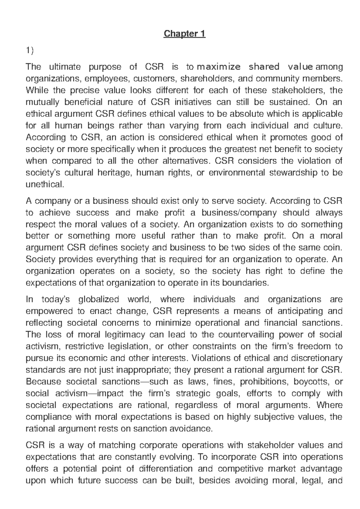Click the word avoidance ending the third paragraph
(193, 429)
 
